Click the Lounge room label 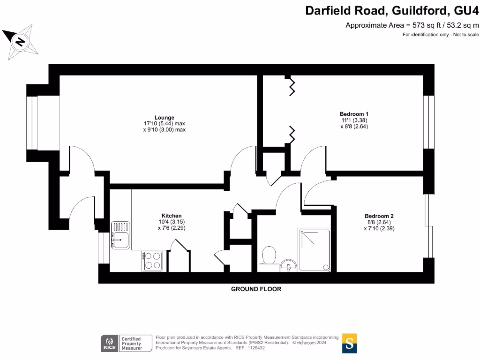[164, 117]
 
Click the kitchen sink [120, 234]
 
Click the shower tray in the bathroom [315, 250]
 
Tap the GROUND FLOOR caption [256, 289]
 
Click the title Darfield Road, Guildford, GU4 [392, 10]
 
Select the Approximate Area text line [412, 25]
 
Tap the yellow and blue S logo [349, 343]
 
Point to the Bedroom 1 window [429, 122]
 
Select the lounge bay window [33, 123]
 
